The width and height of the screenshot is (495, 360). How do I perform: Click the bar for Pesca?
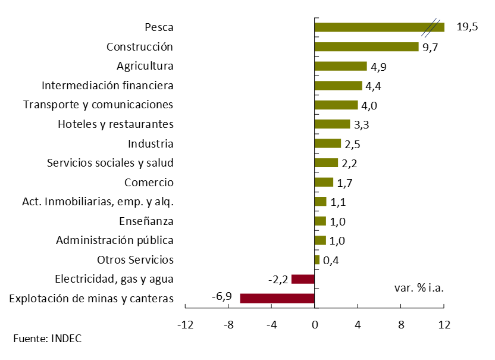click(375, 27)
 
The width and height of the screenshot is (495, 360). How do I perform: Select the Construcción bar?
click(366, 46)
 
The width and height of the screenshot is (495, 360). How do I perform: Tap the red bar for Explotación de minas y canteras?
click(277, 298)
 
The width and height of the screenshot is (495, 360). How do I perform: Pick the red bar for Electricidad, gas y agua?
click(303, 278)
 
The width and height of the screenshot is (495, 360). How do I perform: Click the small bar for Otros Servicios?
click(317, 259)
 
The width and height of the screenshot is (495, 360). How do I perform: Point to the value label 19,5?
click(467, 27)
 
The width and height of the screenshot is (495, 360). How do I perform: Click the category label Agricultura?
click(145, 65)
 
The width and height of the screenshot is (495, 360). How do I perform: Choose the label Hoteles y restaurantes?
click(115, 124)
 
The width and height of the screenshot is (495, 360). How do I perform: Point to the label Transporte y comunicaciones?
click(98, 105)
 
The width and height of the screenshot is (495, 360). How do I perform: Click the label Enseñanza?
click(146, 221)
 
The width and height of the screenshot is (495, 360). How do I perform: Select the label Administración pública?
click(115, 240)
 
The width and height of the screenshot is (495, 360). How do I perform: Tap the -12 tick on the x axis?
click(186, 325)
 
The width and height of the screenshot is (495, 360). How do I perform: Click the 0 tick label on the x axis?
click(315, 325)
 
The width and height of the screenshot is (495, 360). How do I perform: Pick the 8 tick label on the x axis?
click(400, 325)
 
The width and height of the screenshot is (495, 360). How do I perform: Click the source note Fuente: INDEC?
click(47, 339)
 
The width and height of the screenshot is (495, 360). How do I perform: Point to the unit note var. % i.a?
click(419, 287)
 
